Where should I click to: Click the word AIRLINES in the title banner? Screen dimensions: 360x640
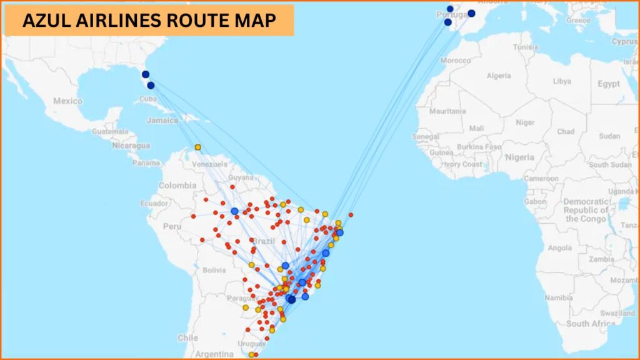click(122, 20)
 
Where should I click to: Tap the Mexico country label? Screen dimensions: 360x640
click(67, 101)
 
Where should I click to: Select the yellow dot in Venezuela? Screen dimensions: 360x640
click(197, 147)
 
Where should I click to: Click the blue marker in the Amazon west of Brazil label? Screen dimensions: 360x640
click(234, 211)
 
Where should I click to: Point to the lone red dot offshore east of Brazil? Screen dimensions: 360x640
click(351, 215)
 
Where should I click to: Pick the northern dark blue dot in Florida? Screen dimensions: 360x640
click(146, 74)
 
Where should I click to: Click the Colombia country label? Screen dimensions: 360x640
click(177, 186)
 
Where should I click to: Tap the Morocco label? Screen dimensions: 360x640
click(456, 61)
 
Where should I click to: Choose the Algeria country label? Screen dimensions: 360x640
click(498, 76)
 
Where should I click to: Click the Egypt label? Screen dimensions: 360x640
click(608, 84)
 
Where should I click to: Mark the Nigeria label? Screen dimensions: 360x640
click(520, 157)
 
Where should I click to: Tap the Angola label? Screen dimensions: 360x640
click(559, 248)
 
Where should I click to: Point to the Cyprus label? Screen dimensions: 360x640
click(624, 42)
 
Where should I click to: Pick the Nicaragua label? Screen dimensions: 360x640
click(131, 145)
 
